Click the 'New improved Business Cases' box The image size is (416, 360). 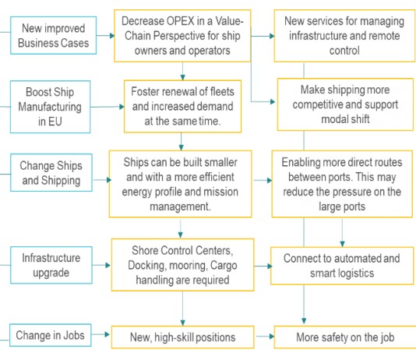coord(53,35)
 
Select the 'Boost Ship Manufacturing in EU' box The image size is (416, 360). coord(50,107)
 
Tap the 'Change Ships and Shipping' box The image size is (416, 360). coord(51,172)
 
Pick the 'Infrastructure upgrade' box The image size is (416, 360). coord(51,265)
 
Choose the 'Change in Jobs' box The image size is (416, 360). coord(51,335)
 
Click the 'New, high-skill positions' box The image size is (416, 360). coord(182,337)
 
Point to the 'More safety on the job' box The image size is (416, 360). coord(345,337)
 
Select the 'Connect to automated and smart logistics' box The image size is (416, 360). coord(342,266)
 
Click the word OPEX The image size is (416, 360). coord(180,21)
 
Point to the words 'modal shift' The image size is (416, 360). coord(345,119)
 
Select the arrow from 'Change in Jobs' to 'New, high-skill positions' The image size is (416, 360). coord(100,334)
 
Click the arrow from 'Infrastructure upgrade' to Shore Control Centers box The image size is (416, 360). coord(101,265)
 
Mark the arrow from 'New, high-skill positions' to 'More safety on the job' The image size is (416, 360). coord(265,337)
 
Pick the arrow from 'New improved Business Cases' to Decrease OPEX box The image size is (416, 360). coord(106,35)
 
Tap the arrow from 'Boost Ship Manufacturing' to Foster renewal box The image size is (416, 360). coord(108,107)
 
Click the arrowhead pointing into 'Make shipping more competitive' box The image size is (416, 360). coord(273,101)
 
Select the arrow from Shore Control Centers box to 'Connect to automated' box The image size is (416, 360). coord(263,266)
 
